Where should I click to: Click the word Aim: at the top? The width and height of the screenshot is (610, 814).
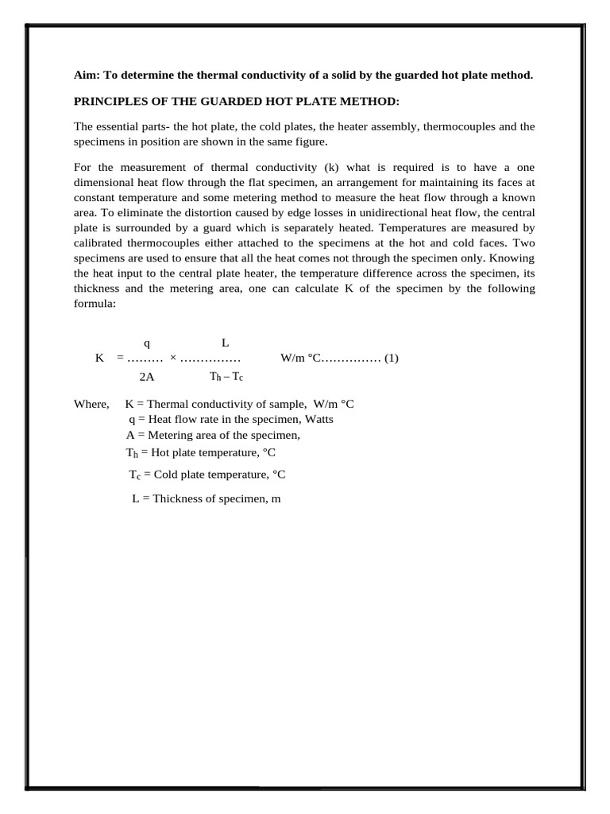pos(87,76)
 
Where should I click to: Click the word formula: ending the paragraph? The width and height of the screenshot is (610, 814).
pos(95,303)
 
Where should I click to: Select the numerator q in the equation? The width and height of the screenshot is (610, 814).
pos(146,343)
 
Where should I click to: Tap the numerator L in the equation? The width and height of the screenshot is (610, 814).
pos(226,343)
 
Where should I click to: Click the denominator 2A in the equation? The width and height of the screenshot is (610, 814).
pos(146,378)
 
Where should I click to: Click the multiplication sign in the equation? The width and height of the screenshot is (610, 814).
pos(173,359)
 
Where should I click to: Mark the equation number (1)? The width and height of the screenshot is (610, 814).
pos(391,359)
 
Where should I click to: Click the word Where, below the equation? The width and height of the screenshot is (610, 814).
pos(91,404)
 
